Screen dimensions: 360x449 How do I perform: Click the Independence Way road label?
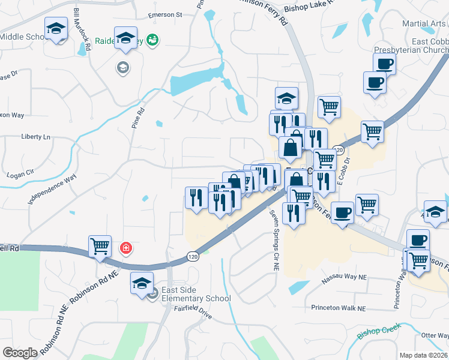click(52, 188)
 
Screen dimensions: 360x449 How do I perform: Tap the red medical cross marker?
click(125, 247)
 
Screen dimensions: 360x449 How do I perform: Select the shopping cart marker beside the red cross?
click(100, 246)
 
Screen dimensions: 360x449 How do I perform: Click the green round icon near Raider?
click(153, 40)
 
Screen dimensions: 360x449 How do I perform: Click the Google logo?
click(20, 353)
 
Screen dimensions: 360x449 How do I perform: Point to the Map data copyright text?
click(423, 355)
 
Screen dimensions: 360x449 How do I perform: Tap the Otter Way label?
click(435, 336)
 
